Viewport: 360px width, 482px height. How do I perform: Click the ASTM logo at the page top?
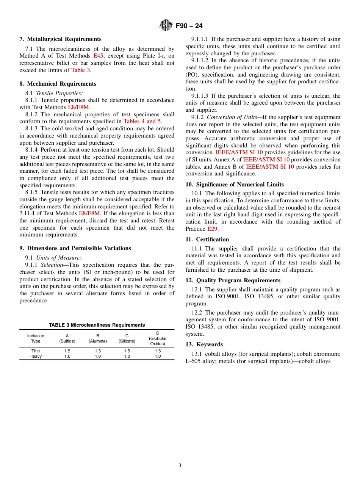click(x=166, y=26)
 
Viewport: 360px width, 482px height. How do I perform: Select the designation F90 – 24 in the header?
click(x=189, y=26)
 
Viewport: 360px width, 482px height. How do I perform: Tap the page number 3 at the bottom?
click(x=180, y=465)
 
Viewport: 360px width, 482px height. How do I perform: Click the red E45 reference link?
click(x=98, y=56)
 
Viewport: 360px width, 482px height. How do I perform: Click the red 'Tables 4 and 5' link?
click(x=142, y=121)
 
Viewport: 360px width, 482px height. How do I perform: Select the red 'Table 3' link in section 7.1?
click(x=81, y=70)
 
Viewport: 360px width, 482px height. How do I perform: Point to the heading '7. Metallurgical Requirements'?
click(x=60, y=39)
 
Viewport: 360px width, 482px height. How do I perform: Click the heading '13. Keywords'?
click(x=204, y=344)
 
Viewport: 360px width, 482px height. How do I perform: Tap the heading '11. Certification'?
click(x=207, y=239)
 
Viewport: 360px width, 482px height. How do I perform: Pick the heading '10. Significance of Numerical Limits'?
click(x=235, y=185)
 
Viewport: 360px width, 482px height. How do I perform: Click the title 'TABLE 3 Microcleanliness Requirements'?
click(x=97, y=325)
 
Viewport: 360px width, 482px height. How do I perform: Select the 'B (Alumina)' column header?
click(x=98, y=338)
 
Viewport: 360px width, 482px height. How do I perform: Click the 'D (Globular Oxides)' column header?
click(x=158, y=338)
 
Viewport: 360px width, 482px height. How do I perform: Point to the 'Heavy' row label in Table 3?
click(x=36, y=357)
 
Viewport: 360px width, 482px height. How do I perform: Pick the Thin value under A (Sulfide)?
click(x=67, y=351)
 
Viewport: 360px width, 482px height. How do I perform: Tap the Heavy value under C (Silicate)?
click(x=127, y=357)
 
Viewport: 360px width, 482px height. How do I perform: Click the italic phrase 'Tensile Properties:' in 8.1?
click(x=59, y=93)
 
